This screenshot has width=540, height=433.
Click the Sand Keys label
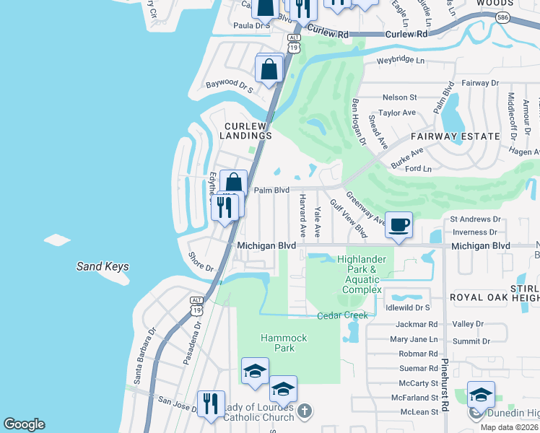(x=103, y=267)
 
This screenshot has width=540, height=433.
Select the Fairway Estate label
(x=455, y=136)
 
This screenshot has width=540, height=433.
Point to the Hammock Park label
(x=284, y=343)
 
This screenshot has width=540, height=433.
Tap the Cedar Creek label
(x=343, y=315)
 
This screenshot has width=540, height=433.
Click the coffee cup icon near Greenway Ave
(x=399, y=224)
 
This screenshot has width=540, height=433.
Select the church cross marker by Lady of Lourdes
(x=305, y=411)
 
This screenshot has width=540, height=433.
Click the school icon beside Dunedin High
(x=481, y=394)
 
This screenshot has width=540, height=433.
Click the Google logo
(x=24, y=424)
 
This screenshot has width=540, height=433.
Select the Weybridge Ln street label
(x=400, y=60)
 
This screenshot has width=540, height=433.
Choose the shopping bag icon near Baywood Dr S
(x=269, y=70)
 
